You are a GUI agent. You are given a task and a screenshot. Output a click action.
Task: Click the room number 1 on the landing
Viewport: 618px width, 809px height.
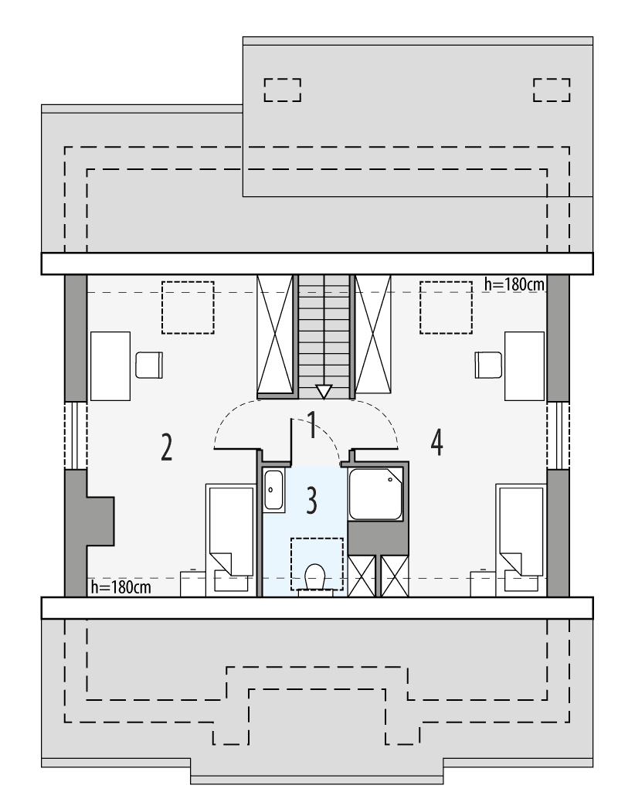coord(312,426)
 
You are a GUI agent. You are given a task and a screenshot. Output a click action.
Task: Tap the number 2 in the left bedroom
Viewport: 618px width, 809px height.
coord(166,447)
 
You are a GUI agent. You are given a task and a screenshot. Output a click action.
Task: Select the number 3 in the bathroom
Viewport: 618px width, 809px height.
coord(311,501)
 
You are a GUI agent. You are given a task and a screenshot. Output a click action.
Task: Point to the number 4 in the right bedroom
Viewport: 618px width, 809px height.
coord(437,444)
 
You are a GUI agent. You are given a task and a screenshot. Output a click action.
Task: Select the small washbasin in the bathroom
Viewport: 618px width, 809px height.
coord(273,490)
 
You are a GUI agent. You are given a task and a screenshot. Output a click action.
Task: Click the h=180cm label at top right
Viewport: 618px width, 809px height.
coord(514,284)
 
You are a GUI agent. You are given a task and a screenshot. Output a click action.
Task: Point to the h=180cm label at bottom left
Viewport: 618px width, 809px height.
coord(121,587)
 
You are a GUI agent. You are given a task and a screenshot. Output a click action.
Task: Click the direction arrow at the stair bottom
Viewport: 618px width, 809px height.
coord(324,391)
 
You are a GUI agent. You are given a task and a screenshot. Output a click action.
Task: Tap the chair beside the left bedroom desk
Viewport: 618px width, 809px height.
coord(149,364)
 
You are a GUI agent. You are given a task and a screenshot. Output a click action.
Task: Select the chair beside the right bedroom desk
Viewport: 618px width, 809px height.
coord(488,364)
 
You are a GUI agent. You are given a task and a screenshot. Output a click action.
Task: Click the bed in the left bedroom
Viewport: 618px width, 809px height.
coord(230,539)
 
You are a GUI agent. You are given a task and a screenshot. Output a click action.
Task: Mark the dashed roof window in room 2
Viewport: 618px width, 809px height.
coord(187,308)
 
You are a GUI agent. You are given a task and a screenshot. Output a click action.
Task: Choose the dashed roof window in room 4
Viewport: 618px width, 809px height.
coord(446,308)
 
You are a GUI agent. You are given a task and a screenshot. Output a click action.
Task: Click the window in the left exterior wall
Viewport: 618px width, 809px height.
coord(75,435)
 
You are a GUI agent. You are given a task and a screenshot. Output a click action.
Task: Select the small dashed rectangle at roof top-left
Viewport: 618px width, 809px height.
coord(282,90)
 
